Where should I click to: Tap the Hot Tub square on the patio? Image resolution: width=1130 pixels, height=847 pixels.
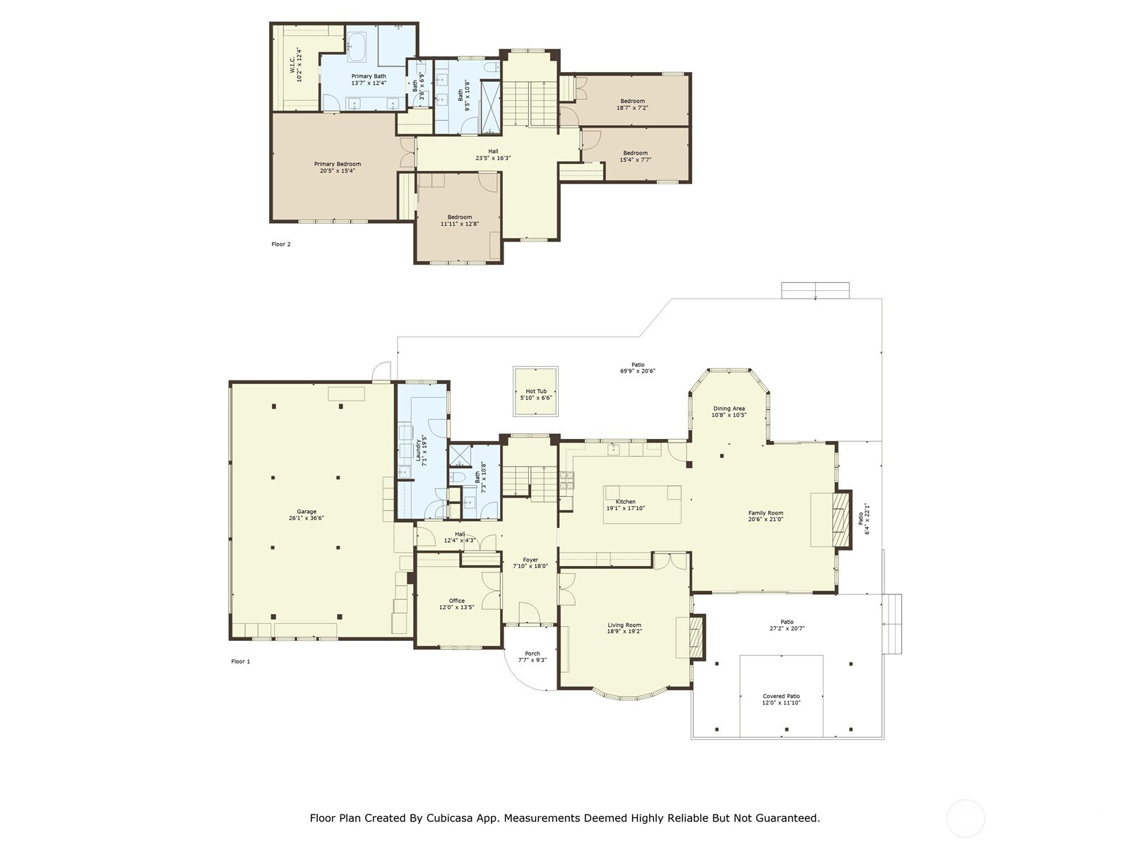point(535,391)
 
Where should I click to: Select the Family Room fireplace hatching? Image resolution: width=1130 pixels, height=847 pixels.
point(842,519)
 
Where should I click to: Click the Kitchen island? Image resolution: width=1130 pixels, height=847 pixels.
point(642,505)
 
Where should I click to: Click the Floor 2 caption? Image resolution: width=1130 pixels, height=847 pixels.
point(281,244)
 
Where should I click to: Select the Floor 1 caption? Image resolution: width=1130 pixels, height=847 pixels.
point(240,661)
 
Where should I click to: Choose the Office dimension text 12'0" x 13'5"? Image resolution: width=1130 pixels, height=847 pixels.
point(457,607)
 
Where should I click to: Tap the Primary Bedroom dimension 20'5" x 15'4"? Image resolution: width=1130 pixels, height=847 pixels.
point(338,171)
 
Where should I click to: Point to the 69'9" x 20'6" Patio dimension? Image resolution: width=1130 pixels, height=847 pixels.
point(638,371)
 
